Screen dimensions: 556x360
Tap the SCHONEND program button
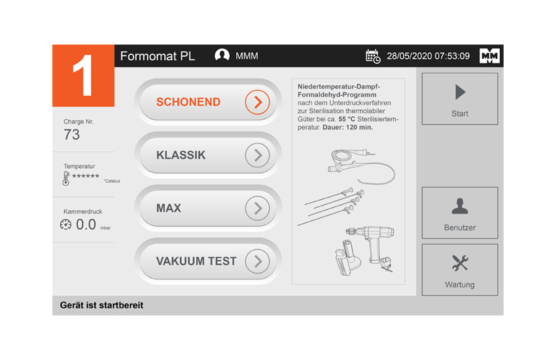(x=208, y=102)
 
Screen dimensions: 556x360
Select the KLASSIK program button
(x=208, y=155)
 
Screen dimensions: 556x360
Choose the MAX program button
(x=208, y=208)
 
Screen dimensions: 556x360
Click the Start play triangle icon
(x=460, y=92)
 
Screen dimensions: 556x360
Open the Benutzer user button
(x=460, y=213)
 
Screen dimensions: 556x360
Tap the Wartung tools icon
(x=460, y=263)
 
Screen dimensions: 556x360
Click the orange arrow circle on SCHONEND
(x=258, y=102)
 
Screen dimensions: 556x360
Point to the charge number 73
(x=72, y=135)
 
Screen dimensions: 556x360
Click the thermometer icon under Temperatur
(x=66, y=179)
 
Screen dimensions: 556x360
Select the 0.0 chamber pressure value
(x=86, y=225)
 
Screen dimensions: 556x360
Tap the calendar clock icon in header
(x=373, y=56)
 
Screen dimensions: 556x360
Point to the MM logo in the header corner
(x=489, y=56)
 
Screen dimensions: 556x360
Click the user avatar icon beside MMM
(x=222, y=56)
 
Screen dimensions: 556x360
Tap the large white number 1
(x=82, y=75)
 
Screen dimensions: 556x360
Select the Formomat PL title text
(x=158, y=56)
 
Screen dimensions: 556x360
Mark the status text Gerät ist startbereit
(x=101, y=306)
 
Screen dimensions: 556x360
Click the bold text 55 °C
(x=347, y=119)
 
